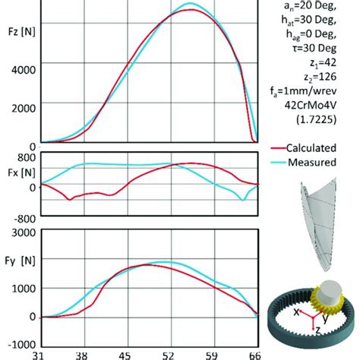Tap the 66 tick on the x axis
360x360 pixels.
click(255, 354)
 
